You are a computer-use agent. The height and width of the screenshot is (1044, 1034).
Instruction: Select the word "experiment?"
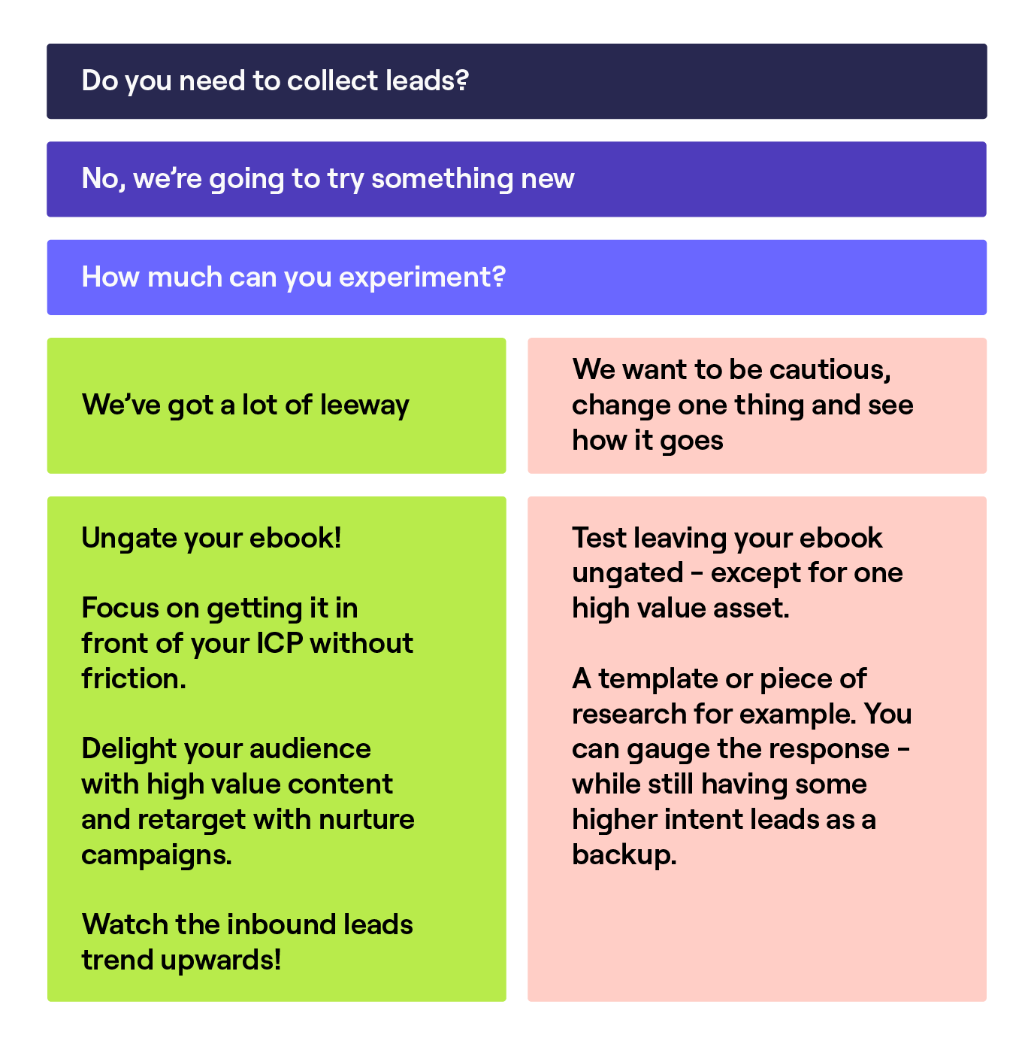coord(422,278)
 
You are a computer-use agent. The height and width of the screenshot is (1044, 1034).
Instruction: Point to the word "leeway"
coord(364,405)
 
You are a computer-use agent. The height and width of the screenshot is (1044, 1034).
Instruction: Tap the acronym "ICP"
coord(280,644)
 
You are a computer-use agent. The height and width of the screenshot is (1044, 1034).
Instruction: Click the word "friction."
coord(133,679)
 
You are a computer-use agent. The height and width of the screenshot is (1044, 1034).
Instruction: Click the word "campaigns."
coord(156,855)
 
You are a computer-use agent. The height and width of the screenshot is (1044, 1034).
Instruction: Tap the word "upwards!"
coord(231,961)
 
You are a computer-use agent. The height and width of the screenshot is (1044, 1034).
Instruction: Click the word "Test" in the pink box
coord(599,539)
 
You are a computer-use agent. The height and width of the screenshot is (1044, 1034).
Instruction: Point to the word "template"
coord(658,679)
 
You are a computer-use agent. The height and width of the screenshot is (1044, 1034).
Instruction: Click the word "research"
coord(629,715)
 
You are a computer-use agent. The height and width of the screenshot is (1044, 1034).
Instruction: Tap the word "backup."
coord(624,855)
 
